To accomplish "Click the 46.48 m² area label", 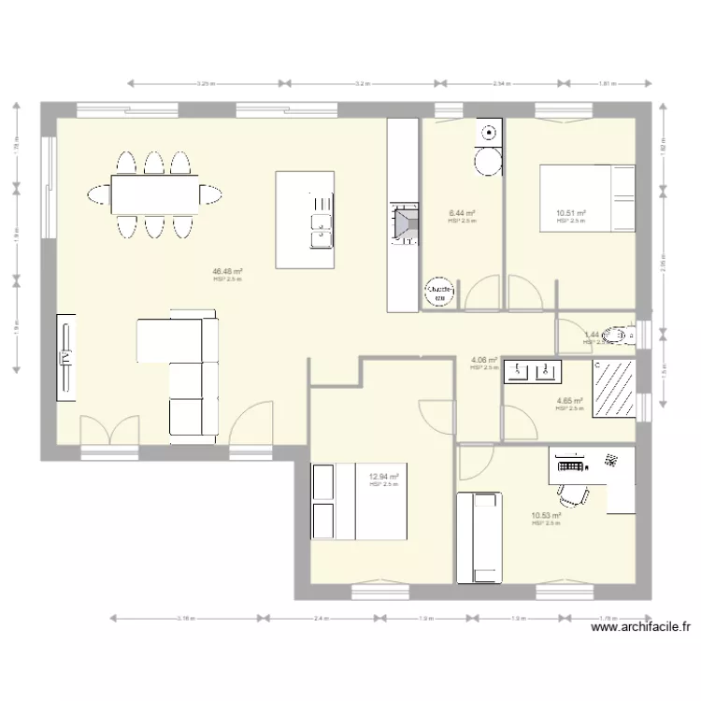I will (x=227, y=271).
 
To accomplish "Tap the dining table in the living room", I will (x=155, y=194).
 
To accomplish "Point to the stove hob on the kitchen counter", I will (x=404, y=225).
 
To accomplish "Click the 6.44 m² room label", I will (x=462, y=213).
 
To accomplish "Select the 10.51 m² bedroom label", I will (x=569, y=214).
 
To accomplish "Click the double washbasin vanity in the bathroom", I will (x=533, y=372).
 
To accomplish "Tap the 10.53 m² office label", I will (x=545, y=515).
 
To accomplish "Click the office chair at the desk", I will (x=572, y=492).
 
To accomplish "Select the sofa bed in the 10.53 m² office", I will (x=479, y=536).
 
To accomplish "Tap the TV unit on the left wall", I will (x=67, y=357).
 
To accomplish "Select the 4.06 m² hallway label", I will (x=483, y=360).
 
